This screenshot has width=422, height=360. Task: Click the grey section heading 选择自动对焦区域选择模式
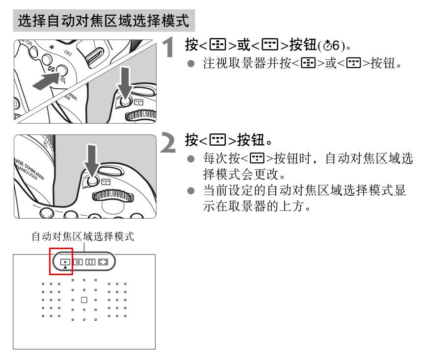pos(104,21)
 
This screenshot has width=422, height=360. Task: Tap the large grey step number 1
pos(169,47)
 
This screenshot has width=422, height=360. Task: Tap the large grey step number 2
pos(168,142)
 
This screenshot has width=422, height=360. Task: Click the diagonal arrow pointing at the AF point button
pos(46,81)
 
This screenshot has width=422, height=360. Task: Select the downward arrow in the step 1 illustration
pos(125,83)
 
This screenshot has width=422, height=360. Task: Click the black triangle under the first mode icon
pos(65,267)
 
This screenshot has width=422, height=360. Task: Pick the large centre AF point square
pos(84,300)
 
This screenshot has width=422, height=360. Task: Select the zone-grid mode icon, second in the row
pos(78,262)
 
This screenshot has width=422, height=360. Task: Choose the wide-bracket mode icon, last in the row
pos(103,262)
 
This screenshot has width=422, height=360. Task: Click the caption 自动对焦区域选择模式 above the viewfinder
pos(83,236)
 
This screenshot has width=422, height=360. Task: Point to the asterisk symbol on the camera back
pos(52,48)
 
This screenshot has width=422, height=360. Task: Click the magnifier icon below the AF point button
pos(63,80)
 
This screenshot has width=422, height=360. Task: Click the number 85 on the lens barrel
pos(45,145)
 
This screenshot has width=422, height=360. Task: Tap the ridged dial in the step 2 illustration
pos(112,196)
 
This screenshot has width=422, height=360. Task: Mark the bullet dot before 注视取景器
pos(191,63)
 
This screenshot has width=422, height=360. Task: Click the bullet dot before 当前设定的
pos(191,191)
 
